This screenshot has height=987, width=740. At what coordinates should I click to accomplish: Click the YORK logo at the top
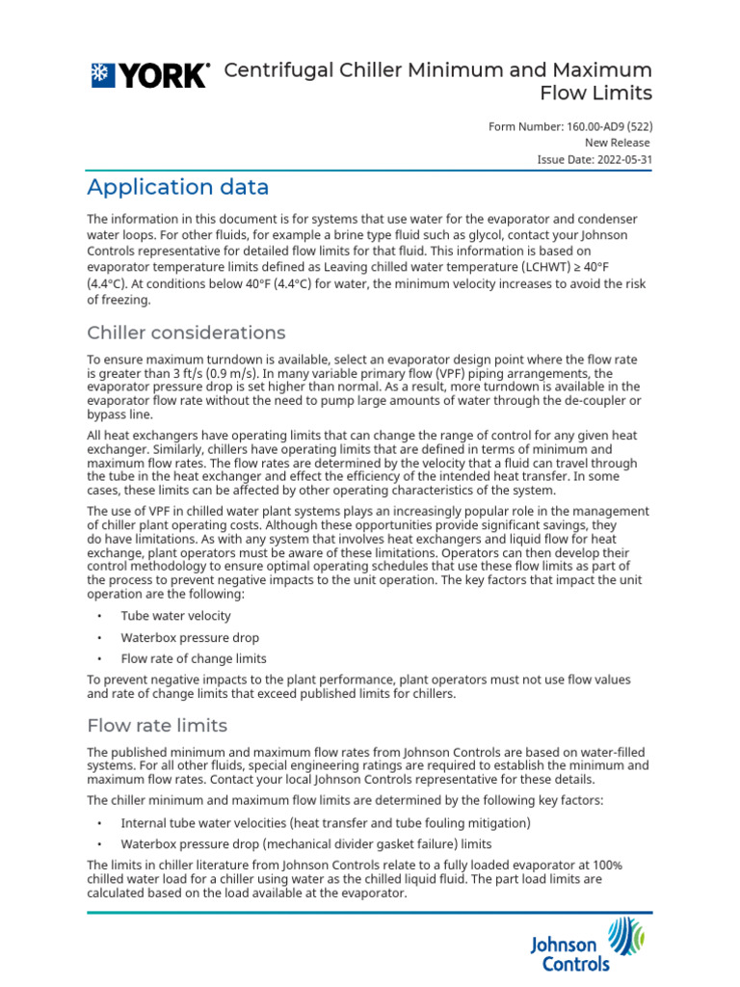[149, 76]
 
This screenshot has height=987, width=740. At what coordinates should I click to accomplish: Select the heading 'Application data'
[177, 187]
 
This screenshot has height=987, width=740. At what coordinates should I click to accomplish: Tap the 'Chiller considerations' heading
[186, 333]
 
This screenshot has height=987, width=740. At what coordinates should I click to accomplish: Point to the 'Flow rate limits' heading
[157, 725]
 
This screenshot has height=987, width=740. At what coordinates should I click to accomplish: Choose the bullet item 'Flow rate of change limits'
[194, 659]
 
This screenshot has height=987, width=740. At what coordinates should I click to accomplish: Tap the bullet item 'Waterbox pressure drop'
[190, 637]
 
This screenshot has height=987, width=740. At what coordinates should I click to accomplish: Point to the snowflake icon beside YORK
[100, 76]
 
